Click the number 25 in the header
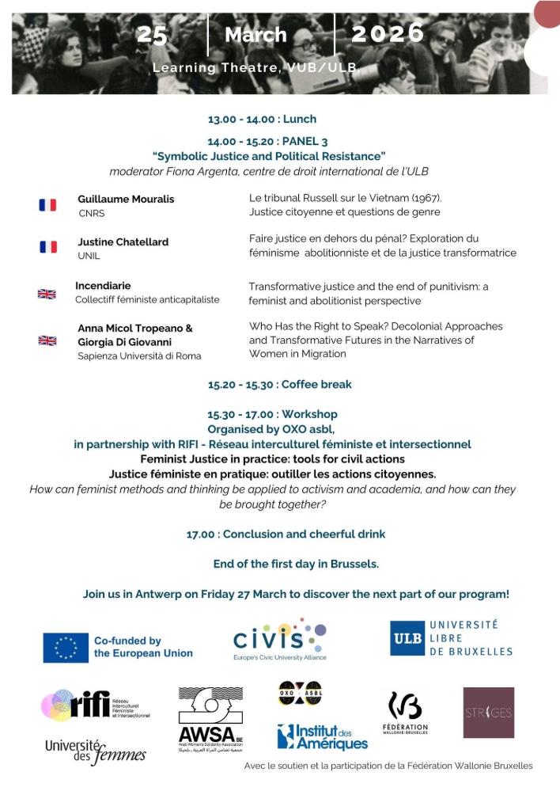(152, 35)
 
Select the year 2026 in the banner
(388, 33)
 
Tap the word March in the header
(255, 35)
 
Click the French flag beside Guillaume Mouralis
(48, 205)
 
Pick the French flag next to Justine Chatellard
(48, 247)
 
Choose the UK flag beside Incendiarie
(47, 294)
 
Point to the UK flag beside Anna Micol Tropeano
(47, 340)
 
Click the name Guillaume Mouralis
(126, 199)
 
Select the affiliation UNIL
(89, 256)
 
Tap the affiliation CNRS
(91, 213)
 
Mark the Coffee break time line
(280, 384)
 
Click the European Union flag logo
(66, 648)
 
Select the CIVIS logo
(279, 638)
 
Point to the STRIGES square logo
(488, 712)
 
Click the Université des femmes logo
(95, 751)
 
